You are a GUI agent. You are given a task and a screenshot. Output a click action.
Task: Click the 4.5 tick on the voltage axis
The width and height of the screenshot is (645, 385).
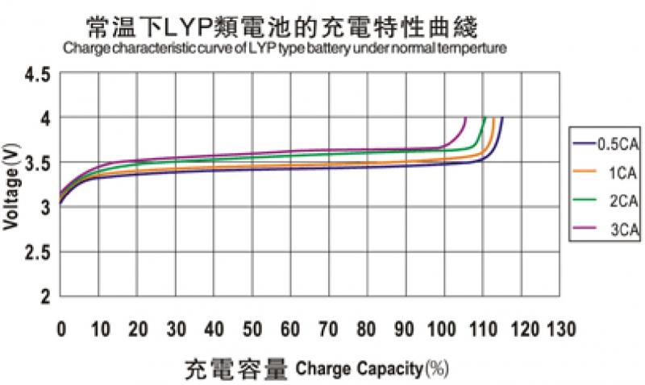[x=38, y=75]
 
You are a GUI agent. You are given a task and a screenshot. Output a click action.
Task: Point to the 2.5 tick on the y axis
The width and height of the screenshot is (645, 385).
[x=38, y=252]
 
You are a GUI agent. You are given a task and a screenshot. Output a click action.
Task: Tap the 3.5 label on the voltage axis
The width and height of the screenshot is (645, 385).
[x=38, y=164]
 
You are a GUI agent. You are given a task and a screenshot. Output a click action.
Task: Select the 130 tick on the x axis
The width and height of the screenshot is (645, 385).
[x=561, y=329]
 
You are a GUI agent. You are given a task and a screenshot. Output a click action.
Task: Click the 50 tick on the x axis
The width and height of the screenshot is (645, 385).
[x=252, y=329]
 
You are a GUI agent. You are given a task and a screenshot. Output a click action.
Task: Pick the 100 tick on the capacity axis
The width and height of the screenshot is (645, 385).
[x=445, y=329]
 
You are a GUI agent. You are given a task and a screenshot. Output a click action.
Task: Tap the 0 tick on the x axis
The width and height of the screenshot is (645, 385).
[x=61, y=329]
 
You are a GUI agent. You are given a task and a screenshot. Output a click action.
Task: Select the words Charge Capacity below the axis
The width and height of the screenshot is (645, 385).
[x=359, y=370]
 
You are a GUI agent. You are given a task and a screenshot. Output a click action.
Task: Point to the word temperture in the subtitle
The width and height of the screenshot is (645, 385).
[x=476, y=49]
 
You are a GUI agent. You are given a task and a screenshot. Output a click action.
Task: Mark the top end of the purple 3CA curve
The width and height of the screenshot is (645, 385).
[x=465, y=118]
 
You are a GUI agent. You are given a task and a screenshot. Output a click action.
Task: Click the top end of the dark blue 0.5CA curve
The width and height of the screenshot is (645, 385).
[x=503, y=118]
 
